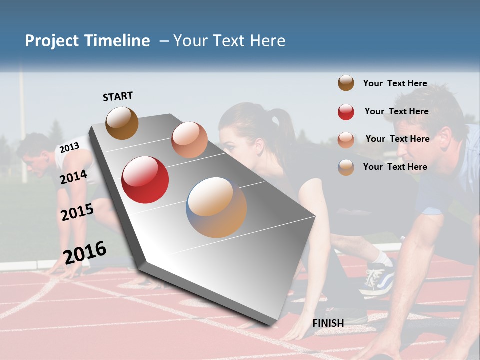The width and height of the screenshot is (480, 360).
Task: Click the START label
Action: (118, 96)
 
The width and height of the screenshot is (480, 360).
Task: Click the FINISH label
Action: (328, 323)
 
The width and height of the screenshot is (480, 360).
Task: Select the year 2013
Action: (69, 147)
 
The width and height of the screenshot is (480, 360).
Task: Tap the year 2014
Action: (73, 177)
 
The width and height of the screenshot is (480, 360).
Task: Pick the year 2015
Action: (77, 212)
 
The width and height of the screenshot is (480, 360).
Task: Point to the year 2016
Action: (85, 252)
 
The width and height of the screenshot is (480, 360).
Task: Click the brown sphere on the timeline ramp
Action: (122, 123)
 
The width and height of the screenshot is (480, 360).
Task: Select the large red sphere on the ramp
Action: (145, 180)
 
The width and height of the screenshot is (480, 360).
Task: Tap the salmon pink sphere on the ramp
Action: (189, 140)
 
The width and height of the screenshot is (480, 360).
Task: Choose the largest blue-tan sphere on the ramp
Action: (216, 207)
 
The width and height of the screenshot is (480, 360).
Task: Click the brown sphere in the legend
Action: (346, 83)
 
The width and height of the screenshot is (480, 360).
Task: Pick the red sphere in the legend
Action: (346, 112)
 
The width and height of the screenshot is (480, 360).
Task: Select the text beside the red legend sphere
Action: (396, 111)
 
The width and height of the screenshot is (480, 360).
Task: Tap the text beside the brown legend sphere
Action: (395, 83)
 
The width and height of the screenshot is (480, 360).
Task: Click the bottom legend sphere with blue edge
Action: (346, 167)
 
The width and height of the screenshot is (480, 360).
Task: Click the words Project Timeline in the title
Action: (87, 41)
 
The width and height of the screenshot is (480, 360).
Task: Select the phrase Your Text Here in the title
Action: (229, 41)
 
